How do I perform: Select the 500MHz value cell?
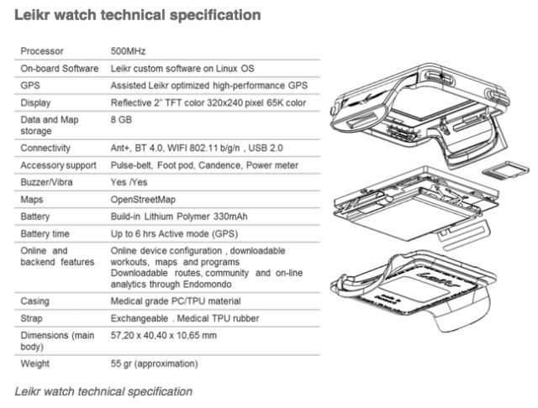point(128,51)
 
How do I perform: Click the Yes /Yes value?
point(130,182)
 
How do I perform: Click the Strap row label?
point(33,319)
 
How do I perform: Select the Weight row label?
point(35,364)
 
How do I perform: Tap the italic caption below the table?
point(103,391)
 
